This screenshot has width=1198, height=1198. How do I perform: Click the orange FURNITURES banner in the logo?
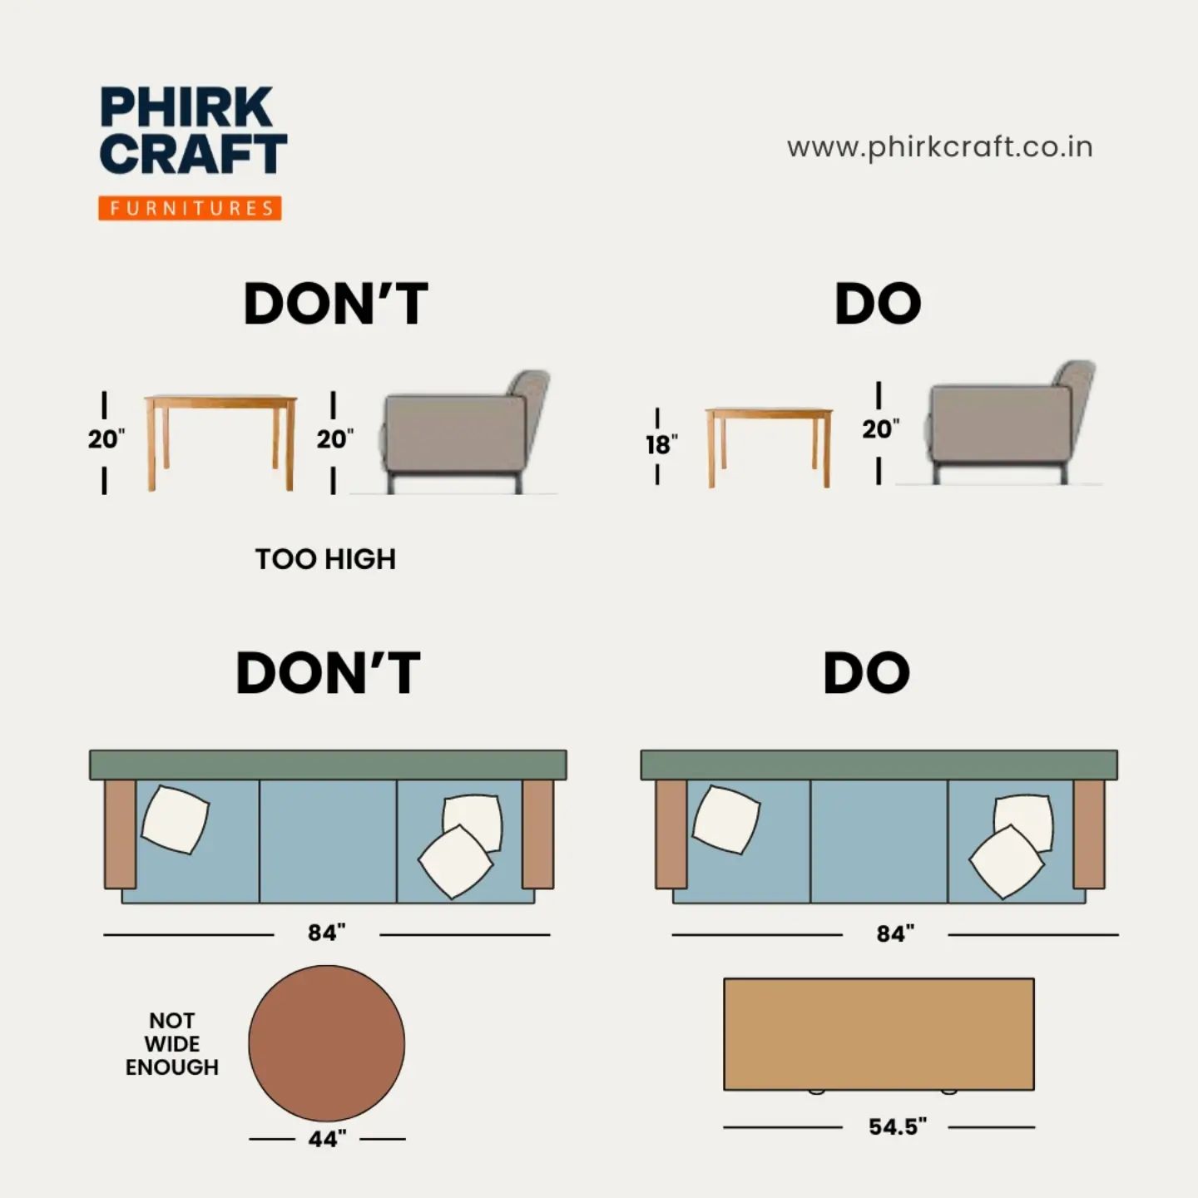tap(190, 208)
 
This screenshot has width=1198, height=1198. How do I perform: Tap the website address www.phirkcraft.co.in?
tap(939, 148)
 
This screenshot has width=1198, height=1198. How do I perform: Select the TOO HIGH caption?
tap(325, 559)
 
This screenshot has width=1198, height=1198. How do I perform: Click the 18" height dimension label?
tap(661, 445)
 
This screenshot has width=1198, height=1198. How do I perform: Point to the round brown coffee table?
tap(326, 1043)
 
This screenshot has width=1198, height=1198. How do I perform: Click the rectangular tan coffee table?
tap(879, 1034)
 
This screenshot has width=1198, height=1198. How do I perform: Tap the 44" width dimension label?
tap(327, 1139)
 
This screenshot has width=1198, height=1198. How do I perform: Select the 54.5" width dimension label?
tap(897, 1126)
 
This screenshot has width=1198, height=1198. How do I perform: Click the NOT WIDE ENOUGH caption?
tap(172, 1044)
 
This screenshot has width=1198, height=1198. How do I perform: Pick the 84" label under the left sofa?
tap(326, 933)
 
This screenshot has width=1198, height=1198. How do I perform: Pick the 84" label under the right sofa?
tap(895, 933)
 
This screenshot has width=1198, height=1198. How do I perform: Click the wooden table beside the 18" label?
tap(769, 447)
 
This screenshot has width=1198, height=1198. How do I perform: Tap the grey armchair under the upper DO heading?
tap(1010, 422)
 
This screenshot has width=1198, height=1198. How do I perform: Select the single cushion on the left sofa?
tap(176, 819)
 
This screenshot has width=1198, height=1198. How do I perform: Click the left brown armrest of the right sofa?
tap(671, 834)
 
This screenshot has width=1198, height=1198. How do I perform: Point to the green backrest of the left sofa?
tap(329, 765)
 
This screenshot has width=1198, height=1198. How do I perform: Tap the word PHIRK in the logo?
tap(186, 107)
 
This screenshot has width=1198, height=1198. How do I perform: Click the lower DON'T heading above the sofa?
tap(329, 673)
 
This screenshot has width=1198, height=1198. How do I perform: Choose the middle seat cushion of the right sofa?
tap(879, 840)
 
